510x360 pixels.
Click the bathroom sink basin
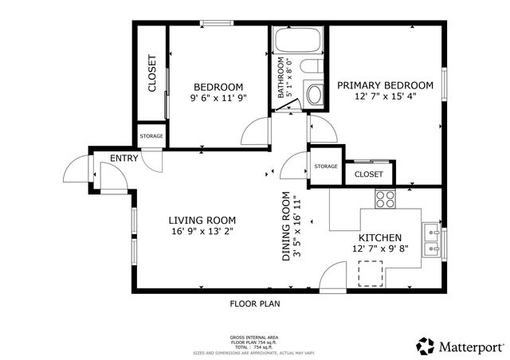pos(314,96)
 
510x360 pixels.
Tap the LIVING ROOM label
pos(202,221)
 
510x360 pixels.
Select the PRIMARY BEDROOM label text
pos(385,85)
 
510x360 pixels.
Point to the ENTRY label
pos(124,158)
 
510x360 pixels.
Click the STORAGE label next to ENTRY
pos(151,136)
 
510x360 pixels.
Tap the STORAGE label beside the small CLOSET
pos(325,166)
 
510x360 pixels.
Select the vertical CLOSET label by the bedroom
pos(152,73)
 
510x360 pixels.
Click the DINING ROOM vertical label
pos(285,228)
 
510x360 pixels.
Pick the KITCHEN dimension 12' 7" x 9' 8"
pos(379,249)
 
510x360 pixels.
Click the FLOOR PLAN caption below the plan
pos(255,303)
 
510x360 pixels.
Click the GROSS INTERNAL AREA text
pos(254,338)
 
